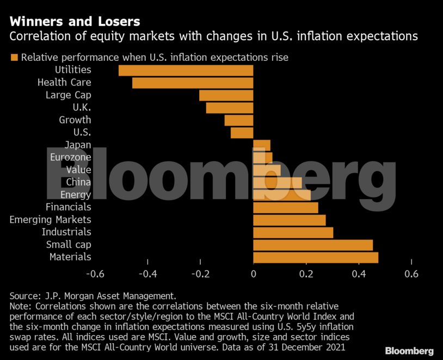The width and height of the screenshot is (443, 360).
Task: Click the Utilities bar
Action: [x=186, y=70]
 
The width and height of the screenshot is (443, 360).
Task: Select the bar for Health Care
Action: [x=193, y=83]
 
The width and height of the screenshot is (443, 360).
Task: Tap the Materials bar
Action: [x=316, y=257]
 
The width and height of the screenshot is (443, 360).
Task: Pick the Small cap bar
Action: [x=313, y=245]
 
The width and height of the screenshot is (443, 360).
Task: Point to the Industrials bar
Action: [x=293, y=232]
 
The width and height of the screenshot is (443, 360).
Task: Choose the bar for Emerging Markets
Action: [x=290, y=220]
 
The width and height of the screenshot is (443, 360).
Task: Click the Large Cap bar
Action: [x=226, y=95]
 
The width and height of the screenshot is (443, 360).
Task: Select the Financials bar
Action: [x=286, y=207]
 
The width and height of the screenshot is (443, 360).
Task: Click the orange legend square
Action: [x=14, y=57]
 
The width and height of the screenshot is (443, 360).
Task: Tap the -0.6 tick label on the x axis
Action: [x=94, y=274]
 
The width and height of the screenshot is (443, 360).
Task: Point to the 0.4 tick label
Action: [x=359, y=274]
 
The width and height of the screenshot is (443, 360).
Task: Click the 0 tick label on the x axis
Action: [x=254, y=274]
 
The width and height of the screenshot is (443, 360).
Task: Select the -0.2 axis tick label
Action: [x=200, y=274]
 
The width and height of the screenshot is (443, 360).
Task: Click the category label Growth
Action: [x=75, y=120]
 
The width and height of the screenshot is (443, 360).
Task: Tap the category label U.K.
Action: [x=82, y=107]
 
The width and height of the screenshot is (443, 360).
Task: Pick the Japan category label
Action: [x=78, y=145]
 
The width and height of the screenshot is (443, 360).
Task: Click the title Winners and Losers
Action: [x=75, y=22]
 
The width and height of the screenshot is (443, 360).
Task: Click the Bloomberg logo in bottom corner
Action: [x=409, y=350]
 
